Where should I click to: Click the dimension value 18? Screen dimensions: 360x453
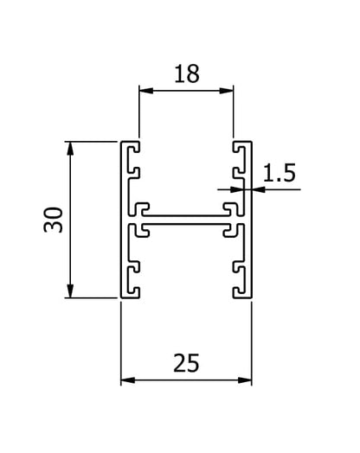tap(187, 74)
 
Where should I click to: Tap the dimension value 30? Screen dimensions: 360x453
tap(53, 220)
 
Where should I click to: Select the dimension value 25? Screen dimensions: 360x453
tap(186, 363)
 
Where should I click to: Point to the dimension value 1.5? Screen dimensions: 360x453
tap(280, 173)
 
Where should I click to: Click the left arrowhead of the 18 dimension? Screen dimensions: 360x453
tap(146, 91)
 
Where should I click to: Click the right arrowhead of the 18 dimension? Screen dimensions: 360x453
tap(227, 91)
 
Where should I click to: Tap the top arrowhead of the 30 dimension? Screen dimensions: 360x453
tap(70, 149)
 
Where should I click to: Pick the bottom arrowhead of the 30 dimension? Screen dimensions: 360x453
tap(70, 291)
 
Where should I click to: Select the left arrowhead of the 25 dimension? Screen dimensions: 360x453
tap(128, 380)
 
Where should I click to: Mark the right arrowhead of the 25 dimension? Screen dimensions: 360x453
tap(245, 380)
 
